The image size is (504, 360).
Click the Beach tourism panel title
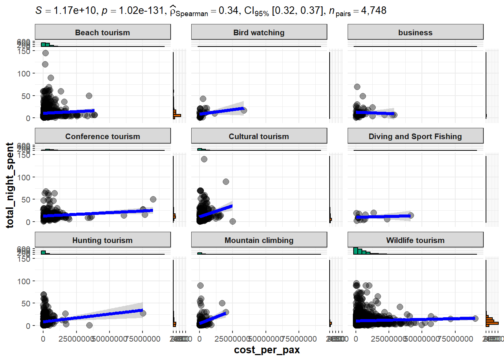pos(102,33)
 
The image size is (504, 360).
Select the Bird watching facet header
pos(259,33)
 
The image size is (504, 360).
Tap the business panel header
pos(415,33)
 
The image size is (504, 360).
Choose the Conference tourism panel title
pos(102,136)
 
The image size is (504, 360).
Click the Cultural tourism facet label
pos(259,136)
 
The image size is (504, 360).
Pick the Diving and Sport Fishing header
pos(415,136)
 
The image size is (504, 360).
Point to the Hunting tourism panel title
pos(102,240)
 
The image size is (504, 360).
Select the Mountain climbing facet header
pos(259,240)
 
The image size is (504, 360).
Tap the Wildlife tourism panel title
pos(415,240)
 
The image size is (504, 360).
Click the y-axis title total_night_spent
pos(10,185)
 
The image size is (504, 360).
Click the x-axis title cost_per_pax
pos(267,350)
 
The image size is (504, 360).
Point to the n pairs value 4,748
pos(373,10)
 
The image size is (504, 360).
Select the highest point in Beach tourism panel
pos(45,53)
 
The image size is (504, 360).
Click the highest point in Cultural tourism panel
pos(204,159)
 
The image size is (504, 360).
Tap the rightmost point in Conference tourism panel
pos(153,199)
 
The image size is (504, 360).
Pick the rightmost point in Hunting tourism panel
pos(143,313)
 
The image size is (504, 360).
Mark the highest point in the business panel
pos(357,87)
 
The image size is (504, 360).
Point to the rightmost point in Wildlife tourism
pos(475,318)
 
